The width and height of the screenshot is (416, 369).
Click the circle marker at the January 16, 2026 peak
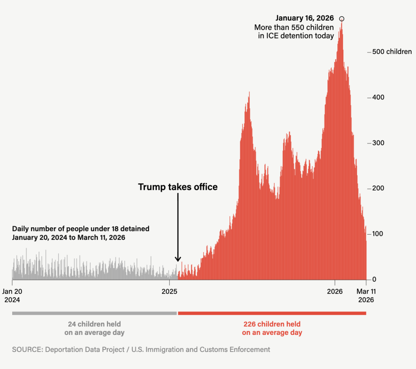pos(342,19)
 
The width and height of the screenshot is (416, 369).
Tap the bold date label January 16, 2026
pos(304,18)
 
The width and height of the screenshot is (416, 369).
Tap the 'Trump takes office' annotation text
pos(178,187)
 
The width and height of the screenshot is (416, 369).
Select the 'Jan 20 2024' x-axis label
pos(12,296)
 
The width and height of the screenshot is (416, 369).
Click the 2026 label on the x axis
pos(335,291)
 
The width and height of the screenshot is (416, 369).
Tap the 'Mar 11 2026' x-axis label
pos(366,296)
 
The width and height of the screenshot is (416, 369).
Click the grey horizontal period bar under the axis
pos(94,313)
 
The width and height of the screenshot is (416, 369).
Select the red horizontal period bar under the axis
pos(272,313)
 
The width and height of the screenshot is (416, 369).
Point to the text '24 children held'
pos(94,324)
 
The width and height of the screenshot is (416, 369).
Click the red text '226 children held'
pos(272,324)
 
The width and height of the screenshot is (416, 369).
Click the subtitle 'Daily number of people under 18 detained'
pos(80,229)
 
